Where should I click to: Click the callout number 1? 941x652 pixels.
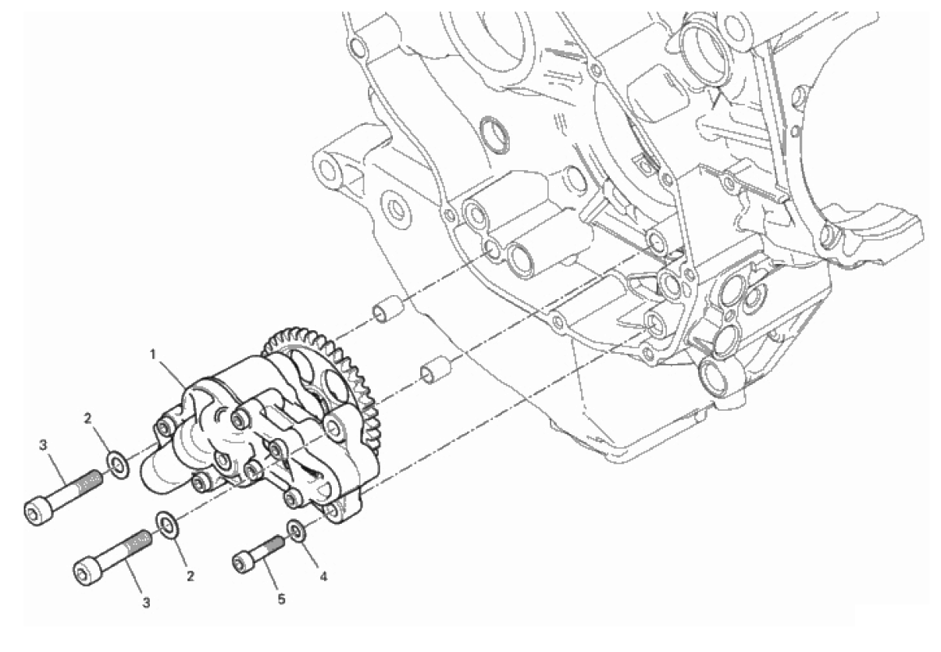click(x=153, y=355)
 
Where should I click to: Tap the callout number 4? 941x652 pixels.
click(x=323, y=577)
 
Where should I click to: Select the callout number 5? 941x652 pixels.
click(x=281, y=600)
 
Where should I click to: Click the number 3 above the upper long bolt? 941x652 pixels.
click(x=43, y=446)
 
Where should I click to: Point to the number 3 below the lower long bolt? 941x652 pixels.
click(x=146, y=603)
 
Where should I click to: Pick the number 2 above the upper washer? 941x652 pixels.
click(x=87, y=419)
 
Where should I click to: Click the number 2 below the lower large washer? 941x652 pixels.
click(x=191, y=576)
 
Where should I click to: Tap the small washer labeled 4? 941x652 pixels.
click(x=297, y=532)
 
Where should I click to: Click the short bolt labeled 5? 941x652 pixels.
click(x=258, y=554)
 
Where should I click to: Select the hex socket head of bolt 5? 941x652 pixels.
click(x=243, y=562)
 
